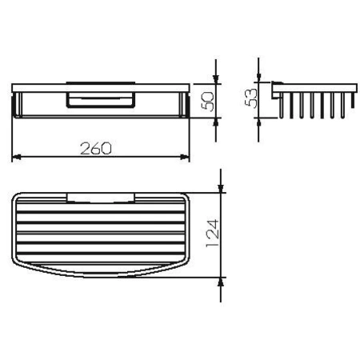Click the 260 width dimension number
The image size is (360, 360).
(95, 148)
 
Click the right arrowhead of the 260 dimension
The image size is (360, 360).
(185, 156)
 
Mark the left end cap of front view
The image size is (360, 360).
(17, 102)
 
